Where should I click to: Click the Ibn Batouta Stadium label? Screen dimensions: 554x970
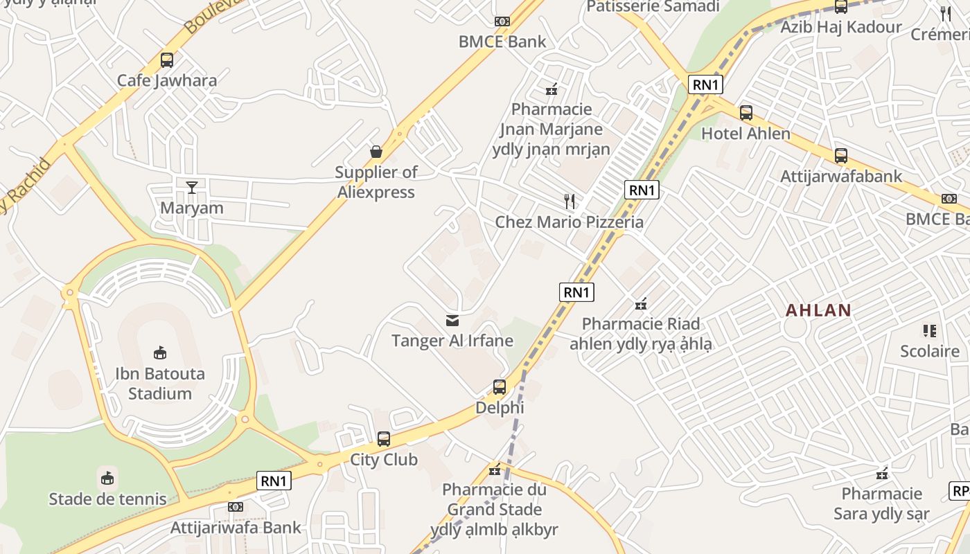(160, 384)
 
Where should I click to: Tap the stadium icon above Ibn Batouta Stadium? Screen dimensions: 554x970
(160, 353)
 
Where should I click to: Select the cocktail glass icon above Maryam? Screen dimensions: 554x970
(192, 187)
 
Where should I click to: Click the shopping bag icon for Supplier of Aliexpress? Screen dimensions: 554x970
(376, 151)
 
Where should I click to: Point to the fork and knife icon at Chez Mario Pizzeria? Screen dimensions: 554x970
(570, 202)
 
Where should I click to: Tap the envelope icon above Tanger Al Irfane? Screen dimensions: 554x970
(452, 320)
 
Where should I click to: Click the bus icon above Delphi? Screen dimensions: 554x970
(500, 387)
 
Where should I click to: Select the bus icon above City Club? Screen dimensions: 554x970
(384, 438)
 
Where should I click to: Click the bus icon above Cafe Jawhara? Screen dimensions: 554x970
(167, 60)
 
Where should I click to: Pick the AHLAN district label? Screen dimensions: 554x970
(818, 310)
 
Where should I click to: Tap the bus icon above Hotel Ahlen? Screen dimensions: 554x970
(746, 112)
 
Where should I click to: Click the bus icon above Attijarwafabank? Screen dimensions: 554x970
(841, 155)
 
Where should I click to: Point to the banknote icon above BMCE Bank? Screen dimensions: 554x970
(502, 21)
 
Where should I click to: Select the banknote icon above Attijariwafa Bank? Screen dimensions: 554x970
(236, 507)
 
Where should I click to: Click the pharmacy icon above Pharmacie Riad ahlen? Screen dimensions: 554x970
(641, 303)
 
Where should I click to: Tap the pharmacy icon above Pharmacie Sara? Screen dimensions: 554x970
(881, 474)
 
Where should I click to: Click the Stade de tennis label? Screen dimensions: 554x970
(107, 499)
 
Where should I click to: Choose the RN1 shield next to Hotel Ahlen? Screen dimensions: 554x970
(706, 85)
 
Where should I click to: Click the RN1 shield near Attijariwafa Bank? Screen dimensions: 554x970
(274, 481)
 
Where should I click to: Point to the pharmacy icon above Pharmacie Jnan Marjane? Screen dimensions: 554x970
(552, 89)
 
